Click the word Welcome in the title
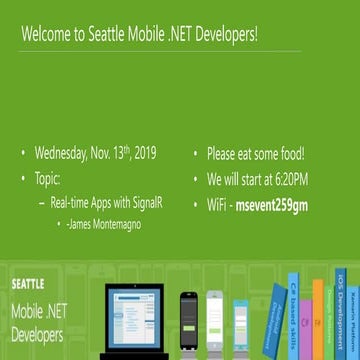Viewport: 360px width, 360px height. click(43, 35)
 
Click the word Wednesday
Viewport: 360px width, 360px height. click(62, 153)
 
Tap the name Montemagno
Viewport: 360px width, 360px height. click(115, 224)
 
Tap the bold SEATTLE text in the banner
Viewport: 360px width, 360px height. click(28, 284)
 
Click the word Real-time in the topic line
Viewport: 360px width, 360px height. click(73, 201)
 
